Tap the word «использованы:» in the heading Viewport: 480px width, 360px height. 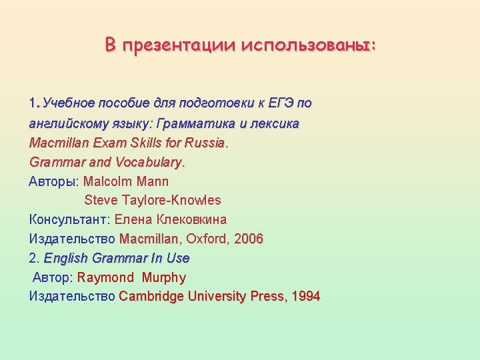point(309,45)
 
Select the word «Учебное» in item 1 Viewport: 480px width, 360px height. point(69,103)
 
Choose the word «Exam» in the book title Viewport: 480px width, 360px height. point(106,143)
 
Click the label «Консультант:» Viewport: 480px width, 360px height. point(70,219)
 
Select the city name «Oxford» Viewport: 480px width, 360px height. point(207,239)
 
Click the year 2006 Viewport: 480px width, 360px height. point(249,239)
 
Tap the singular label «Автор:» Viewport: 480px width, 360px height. point(53,277)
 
